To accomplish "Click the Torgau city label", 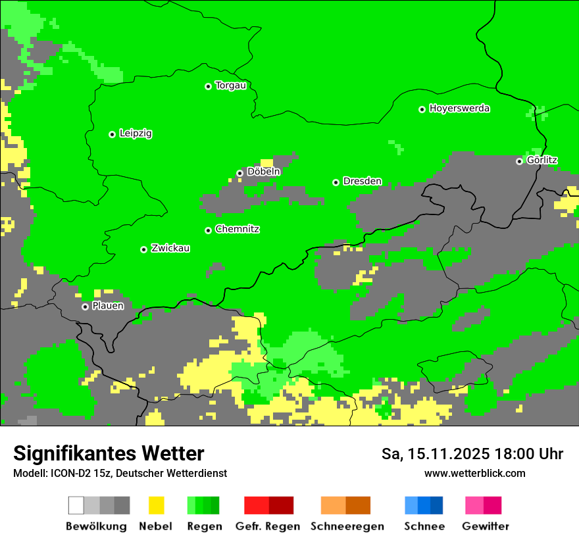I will (x=230, y=86).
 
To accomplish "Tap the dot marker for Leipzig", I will (x=112, y=134).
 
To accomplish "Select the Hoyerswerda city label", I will (x=459, y=109).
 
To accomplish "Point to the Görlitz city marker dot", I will (x=519, y=161).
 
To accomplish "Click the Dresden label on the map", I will (x=362, y=182).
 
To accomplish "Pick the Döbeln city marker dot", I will (x=239, y=173).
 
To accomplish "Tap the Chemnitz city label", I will (x=237, y=230).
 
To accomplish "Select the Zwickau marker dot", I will (x=143, y=249).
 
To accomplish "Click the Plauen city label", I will (x=108, y=306).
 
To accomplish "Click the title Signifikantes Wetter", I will (x=109, y=454).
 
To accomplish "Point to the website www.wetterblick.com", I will (x=475, y=474).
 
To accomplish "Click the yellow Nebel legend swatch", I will (x=156, y=505).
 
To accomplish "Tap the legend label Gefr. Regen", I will (x=268, y=526).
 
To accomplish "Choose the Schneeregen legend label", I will (x=347, y=526).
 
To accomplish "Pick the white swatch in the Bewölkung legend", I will (x=76, y=505).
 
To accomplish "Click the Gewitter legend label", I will (x=485, y=526).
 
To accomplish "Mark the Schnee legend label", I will (x=424, y=526).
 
